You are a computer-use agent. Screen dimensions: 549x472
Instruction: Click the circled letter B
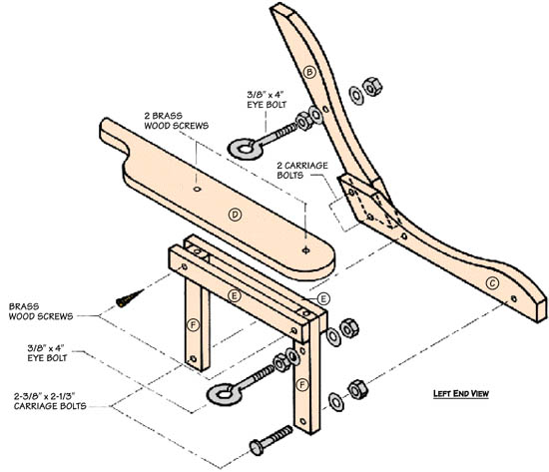(309, 72)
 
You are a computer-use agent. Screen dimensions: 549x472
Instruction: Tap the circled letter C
(492, 283)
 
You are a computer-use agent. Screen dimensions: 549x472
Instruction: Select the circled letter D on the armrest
(235, 215)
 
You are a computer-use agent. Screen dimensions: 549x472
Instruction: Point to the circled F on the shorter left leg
(193, 325)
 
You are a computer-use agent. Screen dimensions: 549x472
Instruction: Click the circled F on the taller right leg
(301, 385)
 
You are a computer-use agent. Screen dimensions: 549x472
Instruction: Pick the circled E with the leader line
(322, 298)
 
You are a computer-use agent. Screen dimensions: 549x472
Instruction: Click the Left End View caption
(461, 393)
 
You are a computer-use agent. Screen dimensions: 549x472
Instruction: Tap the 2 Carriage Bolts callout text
(302, 171)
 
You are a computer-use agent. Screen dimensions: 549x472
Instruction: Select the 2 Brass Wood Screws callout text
(176, 121)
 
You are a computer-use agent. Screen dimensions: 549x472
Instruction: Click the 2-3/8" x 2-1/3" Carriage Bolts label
(50, 401)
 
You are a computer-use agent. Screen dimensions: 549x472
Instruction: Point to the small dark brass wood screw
(130, 298)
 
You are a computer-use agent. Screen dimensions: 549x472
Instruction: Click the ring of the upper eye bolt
(246, 149)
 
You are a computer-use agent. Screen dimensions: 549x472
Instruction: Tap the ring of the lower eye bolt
(225, 394)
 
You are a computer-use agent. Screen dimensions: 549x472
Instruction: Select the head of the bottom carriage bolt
(257, 448)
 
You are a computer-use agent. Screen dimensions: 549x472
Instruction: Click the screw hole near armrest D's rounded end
(305, 250)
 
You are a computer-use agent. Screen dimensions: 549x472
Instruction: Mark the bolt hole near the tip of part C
(514, 298)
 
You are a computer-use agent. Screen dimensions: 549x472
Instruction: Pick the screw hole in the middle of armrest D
(197, 189)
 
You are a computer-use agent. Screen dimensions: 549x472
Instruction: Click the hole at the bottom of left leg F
(193, 358)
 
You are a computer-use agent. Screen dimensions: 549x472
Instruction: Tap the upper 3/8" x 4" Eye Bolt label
(267, 100)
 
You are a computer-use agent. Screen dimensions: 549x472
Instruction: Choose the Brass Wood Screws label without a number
(41, 311)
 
